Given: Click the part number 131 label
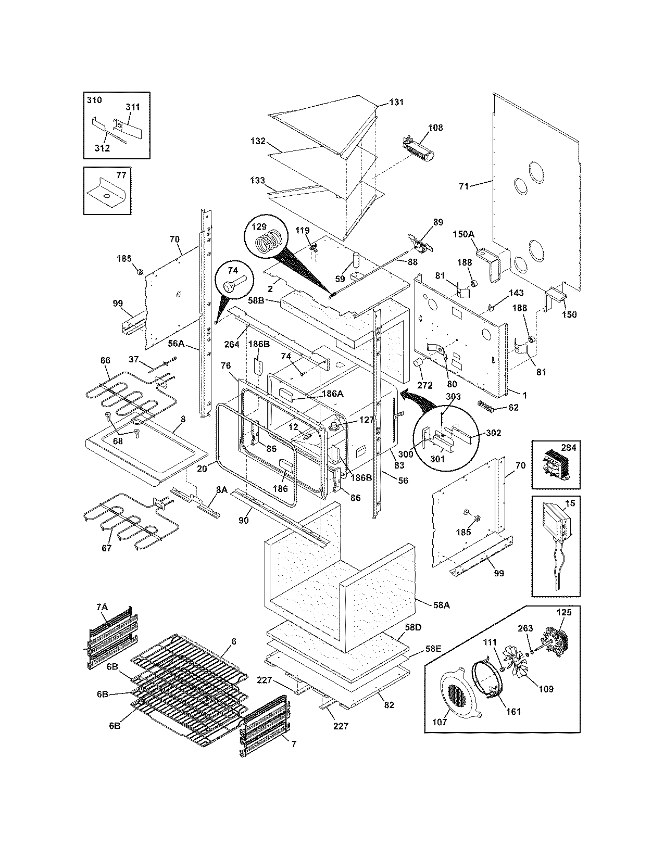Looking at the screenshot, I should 396,103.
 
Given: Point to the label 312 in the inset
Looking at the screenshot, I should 102,148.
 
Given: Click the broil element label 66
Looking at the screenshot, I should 106,360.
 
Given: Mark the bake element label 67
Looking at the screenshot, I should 106,548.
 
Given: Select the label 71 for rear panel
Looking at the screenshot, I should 464,186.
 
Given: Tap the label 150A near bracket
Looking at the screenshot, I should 463,235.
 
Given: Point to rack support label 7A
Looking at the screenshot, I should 102,607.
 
